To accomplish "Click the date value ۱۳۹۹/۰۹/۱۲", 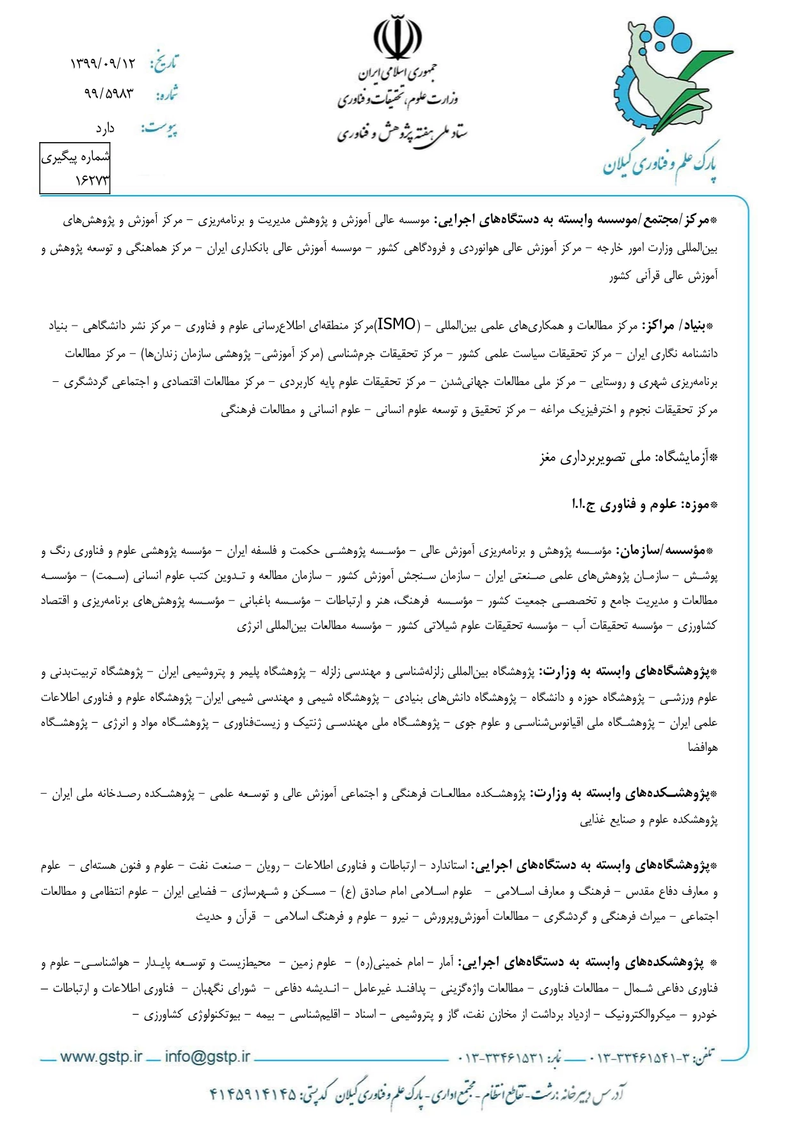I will (x=103, y=63).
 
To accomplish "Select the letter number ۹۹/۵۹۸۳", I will (x=109, y=93).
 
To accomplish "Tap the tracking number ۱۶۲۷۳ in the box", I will (x=92, y=181).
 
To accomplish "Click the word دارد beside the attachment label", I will (x=105, y=129).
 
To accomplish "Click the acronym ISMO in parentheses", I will (x=396, y=324).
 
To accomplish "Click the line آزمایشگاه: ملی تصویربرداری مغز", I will (x=629, y=457).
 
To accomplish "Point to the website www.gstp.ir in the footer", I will (x=101, y=1057).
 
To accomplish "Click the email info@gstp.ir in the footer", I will (x=207, y=1057).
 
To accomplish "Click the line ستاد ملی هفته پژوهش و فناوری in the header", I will (x=402, y=132).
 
